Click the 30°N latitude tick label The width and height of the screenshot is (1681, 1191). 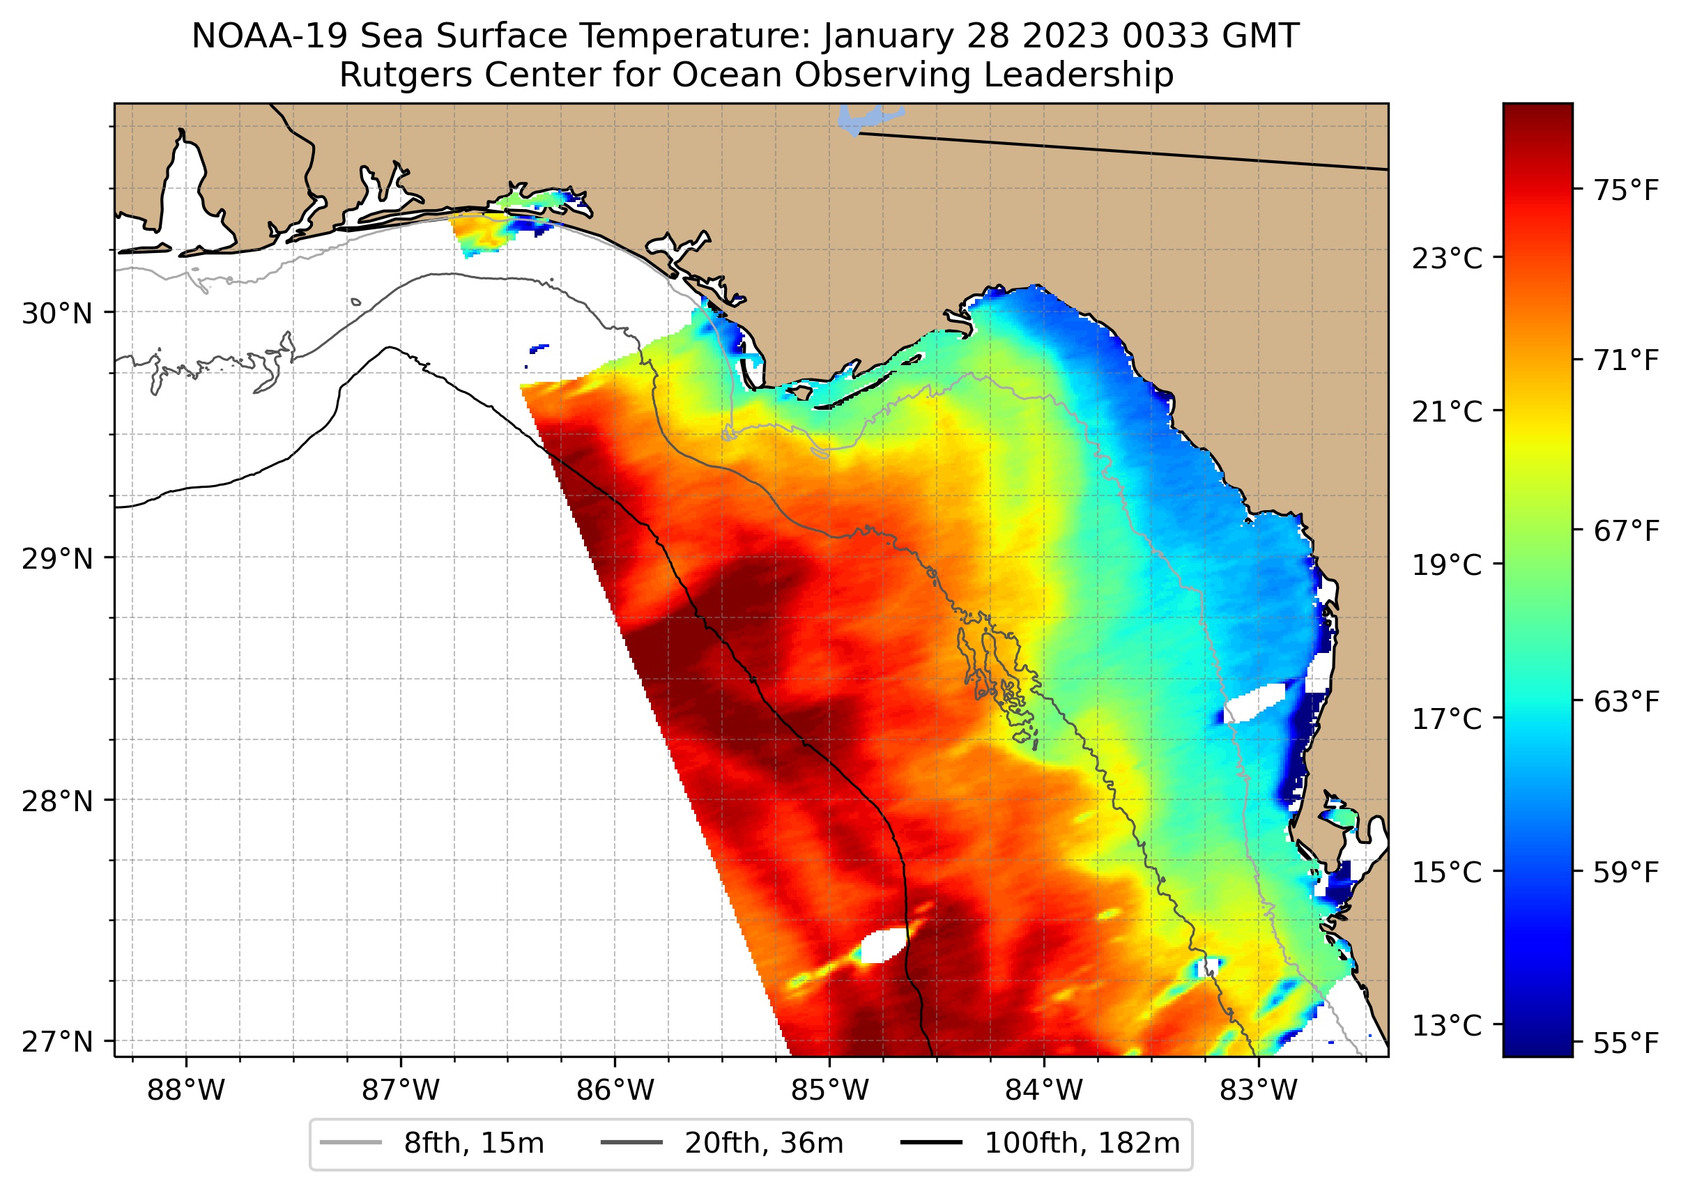coord(57,314)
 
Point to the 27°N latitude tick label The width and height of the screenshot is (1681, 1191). coord(57,1041)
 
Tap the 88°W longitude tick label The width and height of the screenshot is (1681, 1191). coord(185,1091)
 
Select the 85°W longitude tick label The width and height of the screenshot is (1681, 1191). coord(829,1091)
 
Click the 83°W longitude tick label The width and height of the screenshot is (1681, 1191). coord(1259,1091)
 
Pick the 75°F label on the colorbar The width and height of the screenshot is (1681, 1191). coord(1625,191)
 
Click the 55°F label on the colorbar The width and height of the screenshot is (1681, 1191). coord(1625,1043)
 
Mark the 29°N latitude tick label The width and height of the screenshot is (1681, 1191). coord(57,559)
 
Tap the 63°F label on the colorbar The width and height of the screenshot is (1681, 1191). coord(1625,702)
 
